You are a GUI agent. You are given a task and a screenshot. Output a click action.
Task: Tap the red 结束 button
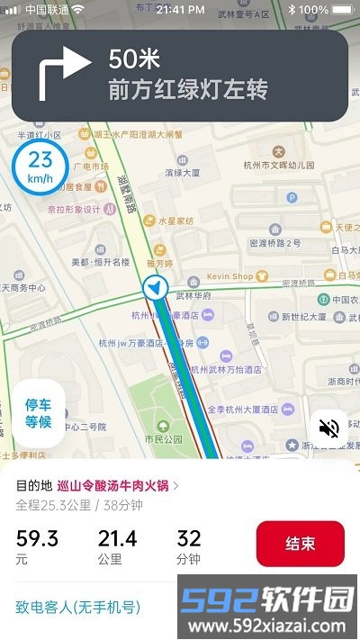[300, 544]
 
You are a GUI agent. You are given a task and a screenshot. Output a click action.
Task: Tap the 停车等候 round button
[38, 412]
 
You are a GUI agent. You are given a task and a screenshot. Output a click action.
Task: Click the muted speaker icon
[329, 428]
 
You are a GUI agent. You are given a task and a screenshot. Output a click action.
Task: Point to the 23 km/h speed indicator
[40, 166]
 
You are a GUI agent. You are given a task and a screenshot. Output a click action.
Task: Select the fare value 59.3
[37, 538]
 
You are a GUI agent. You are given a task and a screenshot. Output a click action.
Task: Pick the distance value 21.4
[117, 538]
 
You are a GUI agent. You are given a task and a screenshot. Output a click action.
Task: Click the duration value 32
[189, 538]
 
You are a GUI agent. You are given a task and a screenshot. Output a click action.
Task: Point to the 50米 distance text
[134, 59]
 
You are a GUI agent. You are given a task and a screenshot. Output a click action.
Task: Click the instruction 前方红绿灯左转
[188, 90]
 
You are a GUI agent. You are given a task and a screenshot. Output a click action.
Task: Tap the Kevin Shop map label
[229, 276]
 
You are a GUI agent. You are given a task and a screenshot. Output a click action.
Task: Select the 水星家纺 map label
[175, 219]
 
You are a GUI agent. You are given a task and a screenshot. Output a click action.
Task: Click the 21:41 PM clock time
[180, 9]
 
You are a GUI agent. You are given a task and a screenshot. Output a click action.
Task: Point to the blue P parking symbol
[292, 197]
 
